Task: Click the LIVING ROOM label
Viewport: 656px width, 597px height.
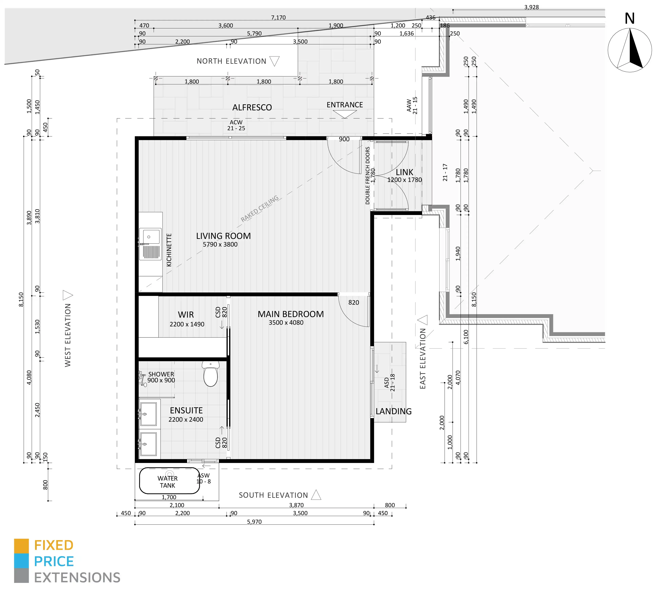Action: pyautogui.click(x=223, y=236)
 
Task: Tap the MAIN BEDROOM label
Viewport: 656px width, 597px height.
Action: pyautogui.click(x=291, y=314)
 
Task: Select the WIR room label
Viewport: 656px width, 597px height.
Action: pyautogui.click(x=186, y=315)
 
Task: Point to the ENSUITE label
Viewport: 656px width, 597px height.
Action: pyautogui.click(x=186, y=410)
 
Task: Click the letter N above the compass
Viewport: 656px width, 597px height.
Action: pyautogui.click(x=630, y=18)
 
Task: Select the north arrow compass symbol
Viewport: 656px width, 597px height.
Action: pyautogui.click(x=630, y=50)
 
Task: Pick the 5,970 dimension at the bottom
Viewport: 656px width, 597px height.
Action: pyautogui.click(x=254, y=522)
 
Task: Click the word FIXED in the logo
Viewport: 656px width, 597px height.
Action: pyautogui.click(x=54, y=545)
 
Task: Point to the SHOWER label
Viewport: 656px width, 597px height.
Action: pyautogui.click(x=161, y=374)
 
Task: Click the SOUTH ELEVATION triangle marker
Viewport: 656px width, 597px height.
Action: pyautogui.click(x=316, y=495)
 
